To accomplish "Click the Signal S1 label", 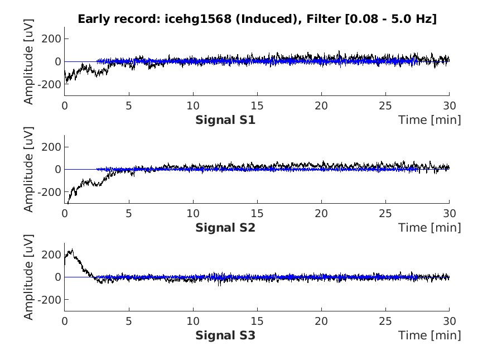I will point(225,119).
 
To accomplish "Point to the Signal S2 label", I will point(225,228).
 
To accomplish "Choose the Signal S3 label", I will point(225,335).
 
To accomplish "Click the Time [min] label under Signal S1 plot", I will point(430,119).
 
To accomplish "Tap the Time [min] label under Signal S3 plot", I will point(430,335).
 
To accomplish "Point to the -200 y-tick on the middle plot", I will point(50,192).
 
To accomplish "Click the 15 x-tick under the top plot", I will point(257,105).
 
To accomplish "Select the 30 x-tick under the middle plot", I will point(449,213).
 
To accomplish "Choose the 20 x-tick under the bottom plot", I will point(321,321).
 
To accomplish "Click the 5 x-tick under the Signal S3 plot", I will point(129,321).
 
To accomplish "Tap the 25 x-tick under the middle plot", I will point(385,213).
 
